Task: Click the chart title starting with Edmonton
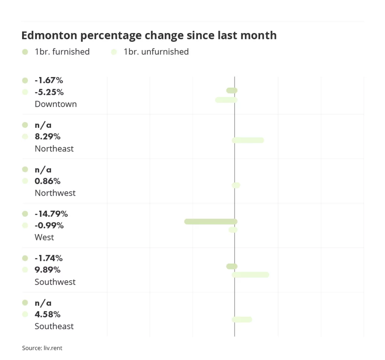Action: point(149,35)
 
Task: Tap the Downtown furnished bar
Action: point(232,90)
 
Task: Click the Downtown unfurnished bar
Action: point(226,100)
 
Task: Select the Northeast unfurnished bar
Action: point(248,140)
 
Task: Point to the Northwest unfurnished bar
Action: point(236,185)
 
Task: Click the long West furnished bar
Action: point(211,222)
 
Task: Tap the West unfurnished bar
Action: point(233,230)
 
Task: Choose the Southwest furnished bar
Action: point(232,266)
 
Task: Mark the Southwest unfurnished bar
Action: point(250,275)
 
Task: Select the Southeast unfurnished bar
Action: point(242,319)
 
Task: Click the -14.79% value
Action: point(51,214)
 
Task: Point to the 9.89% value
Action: point(47,270)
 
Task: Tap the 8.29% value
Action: point(47,137)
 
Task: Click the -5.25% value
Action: point(49,92)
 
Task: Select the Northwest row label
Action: point(55,193)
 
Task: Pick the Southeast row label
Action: point(54,326)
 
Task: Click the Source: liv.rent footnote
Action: point(42,348)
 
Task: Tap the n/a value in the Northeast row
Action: point(43,125)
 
